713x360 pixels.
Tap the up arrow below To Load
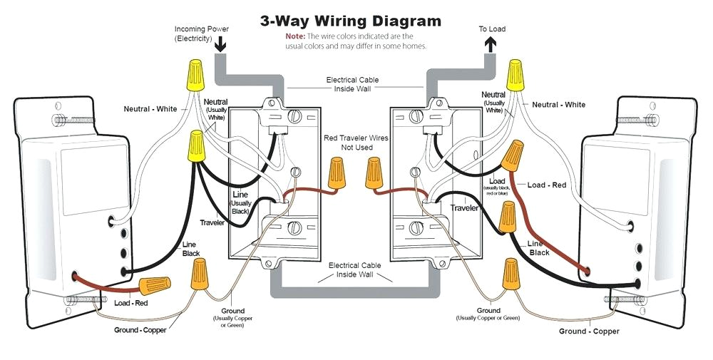[491, 44]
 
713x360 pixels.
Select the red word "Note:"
[295, 36]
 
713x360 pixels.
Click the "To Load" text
[493, 29]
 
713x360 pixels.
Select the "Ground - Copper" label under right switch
[589, 331]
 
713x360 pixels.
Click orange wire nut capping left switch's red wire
[154, 287]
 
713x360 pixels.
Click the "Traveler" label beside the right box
[464, 207]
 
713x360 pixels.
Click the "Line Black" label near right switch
[538, 248]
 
